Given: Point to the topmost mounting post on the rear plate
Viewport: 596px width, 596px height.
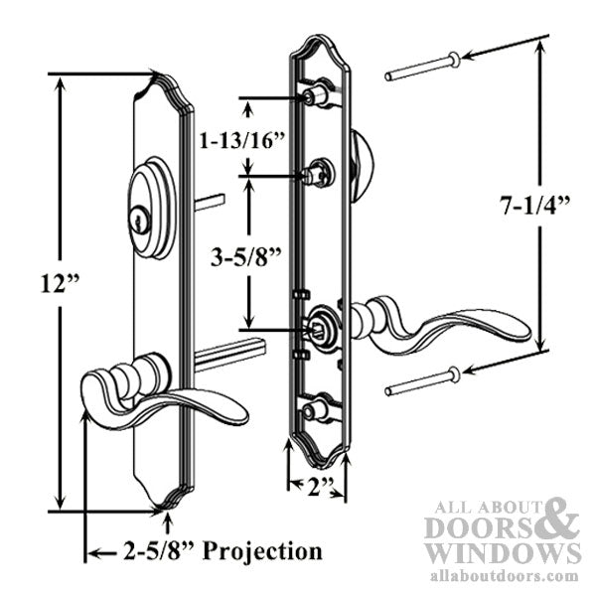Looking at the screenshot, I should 317,95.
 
